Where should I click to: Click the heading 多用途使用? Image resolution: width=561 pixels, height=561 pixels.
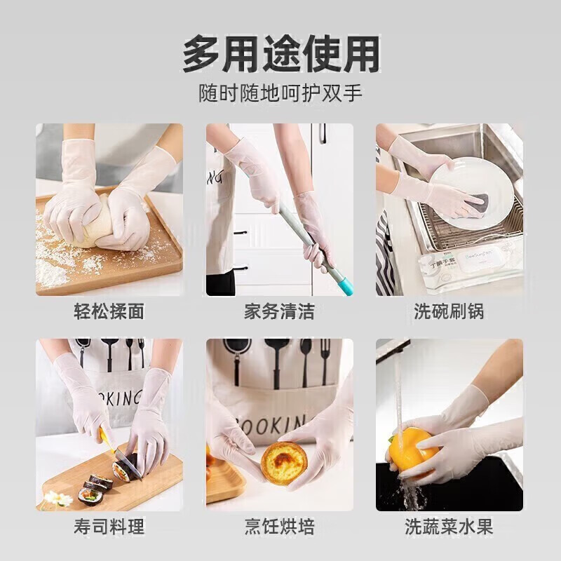point(280,54)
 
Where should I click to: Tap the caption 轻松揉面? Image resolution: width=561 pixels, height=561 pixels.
point(109,311)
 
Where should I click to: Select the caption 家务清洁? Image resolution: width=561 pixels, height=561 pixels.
point(279,311)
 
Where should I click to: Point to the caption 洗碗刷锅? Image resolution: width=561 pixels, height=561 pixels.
point(449,311)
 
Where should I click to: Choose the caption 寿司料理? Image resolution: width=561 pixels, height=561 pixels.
point(109,526)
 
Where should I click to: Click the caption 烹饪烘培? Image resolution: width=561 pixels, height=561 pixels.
point(279,526)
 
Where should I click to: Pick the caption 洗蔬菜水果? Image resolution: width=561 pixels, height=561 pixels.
point(449,526)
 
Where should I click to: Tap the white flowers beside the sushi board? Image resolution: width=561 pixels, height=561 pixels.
point(58,499)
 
